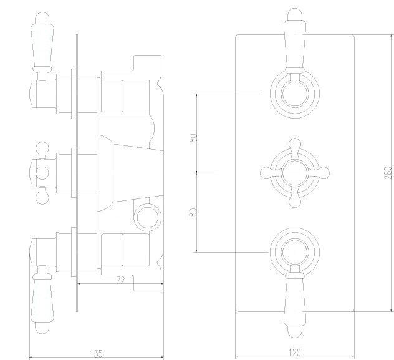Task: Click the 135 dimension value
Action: [x=97, y=354]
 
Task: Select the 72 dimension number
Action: [x=121, y=280]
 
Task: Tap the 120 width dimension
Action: [x=294, y=353]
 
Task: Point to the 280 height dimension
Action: [x=388, y=172]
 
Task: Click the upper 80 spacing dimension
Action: [x=193, y=139]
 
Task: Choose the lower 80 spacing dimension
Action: [x=193, y=212]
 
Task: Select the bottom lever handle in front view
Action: [x=295, y=304]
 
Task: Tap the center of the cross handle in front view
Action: [x=295, y=173]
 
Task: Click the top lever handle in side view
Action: [x=42, y=46]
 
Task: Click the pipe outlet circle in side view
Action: [x=147, y=217]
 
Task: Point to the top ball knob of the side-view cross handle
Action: [x=42, y=148]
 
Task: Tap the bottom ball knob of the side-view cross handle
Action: [x=42, y=197]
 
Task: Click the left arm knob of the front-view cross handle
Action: [x=267, y=173]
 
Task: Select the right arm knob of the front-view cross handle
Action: [x=323, y=173]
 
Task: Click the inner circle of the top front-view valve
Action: [x=295, y=94]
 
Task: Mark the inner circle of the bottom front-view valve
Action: [x=295, y=252]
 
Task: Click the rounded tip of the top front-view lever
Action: [x=295, y=14]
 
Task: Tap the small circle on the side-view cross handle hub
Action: [x=42, y=173]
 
